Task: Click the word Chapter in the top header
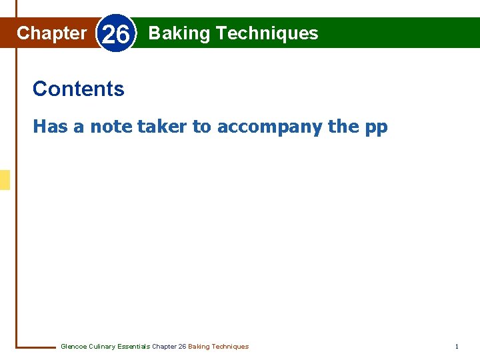51,33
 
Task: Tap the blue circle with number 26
116,34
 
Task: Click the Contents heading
78,89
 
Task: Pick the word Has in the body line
51,126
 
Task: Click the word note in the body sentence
111,126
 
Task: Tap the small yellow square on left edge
5,180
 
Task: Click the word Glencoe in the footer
73,347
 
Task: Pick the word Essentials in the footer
134,347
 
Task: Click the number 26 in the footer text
182,347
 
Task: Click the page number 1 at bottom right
457,347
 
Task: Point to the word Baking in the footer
199,347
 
